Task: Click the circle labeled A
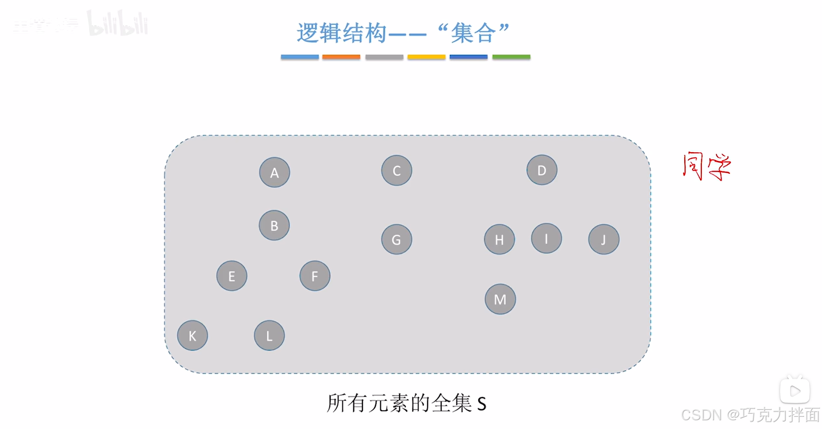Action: coord(274,172)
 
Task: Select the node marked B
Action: coord(274,225)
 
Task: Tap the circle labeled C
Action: coord(396,170)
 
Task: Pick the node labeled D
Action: coord(542,170)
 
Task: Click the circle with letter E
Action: coord(231,276)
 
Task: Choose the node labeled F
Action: coord(314,276)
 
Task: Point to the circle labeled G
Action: coord(396,239)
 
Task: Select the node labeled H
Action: coord(499,239)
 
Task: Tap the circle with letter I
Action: coord(546,238)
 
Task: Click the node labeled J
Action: coord(603,239)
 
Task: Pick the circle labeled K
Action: coord(192,336)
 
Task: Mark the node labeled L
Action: coord(269,336)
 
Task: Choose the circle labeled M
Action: coord(500,299)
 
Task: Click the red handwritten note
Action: coord(706,166)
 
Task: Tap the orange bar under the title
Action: coord(341,57)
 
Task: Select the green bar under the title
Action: coord(511,57)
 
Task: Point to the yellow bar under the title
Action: coord(426,57)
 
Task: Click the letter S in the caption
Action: coord(481,404)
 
